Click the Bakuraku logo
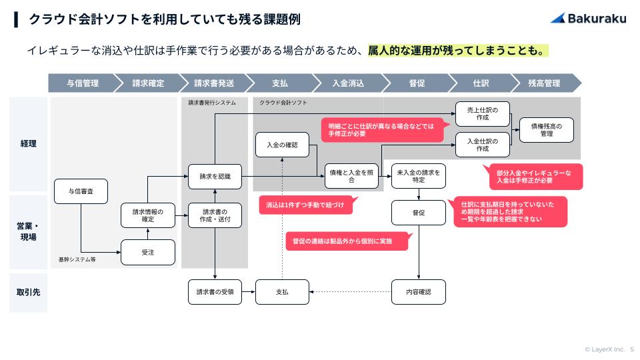[588, 19]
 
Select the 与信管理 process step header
[82, 83]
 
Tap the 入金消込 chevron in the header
[348, 83]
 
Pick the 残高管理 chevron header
[544, 83]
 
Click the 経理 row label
[28, 143]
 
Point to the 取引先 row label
[28, 291]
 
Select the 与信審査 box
[81, 191]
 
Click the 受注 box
[148, 252]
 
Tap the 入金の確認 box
[282, 145]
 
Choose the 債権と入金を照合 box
[351, 176]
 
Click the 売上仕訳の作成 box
[483, 113]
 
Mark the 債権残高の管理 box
[547, 129]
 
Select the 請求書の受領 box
[215, 291]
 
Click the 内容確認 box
[418, 291]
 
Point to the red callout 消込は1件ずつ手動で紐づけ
[305, 205]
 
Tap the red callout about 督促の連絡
[347, 241]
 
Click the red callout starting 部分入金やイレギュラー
[535, 177]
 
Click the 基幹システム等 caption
[77, 259]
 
